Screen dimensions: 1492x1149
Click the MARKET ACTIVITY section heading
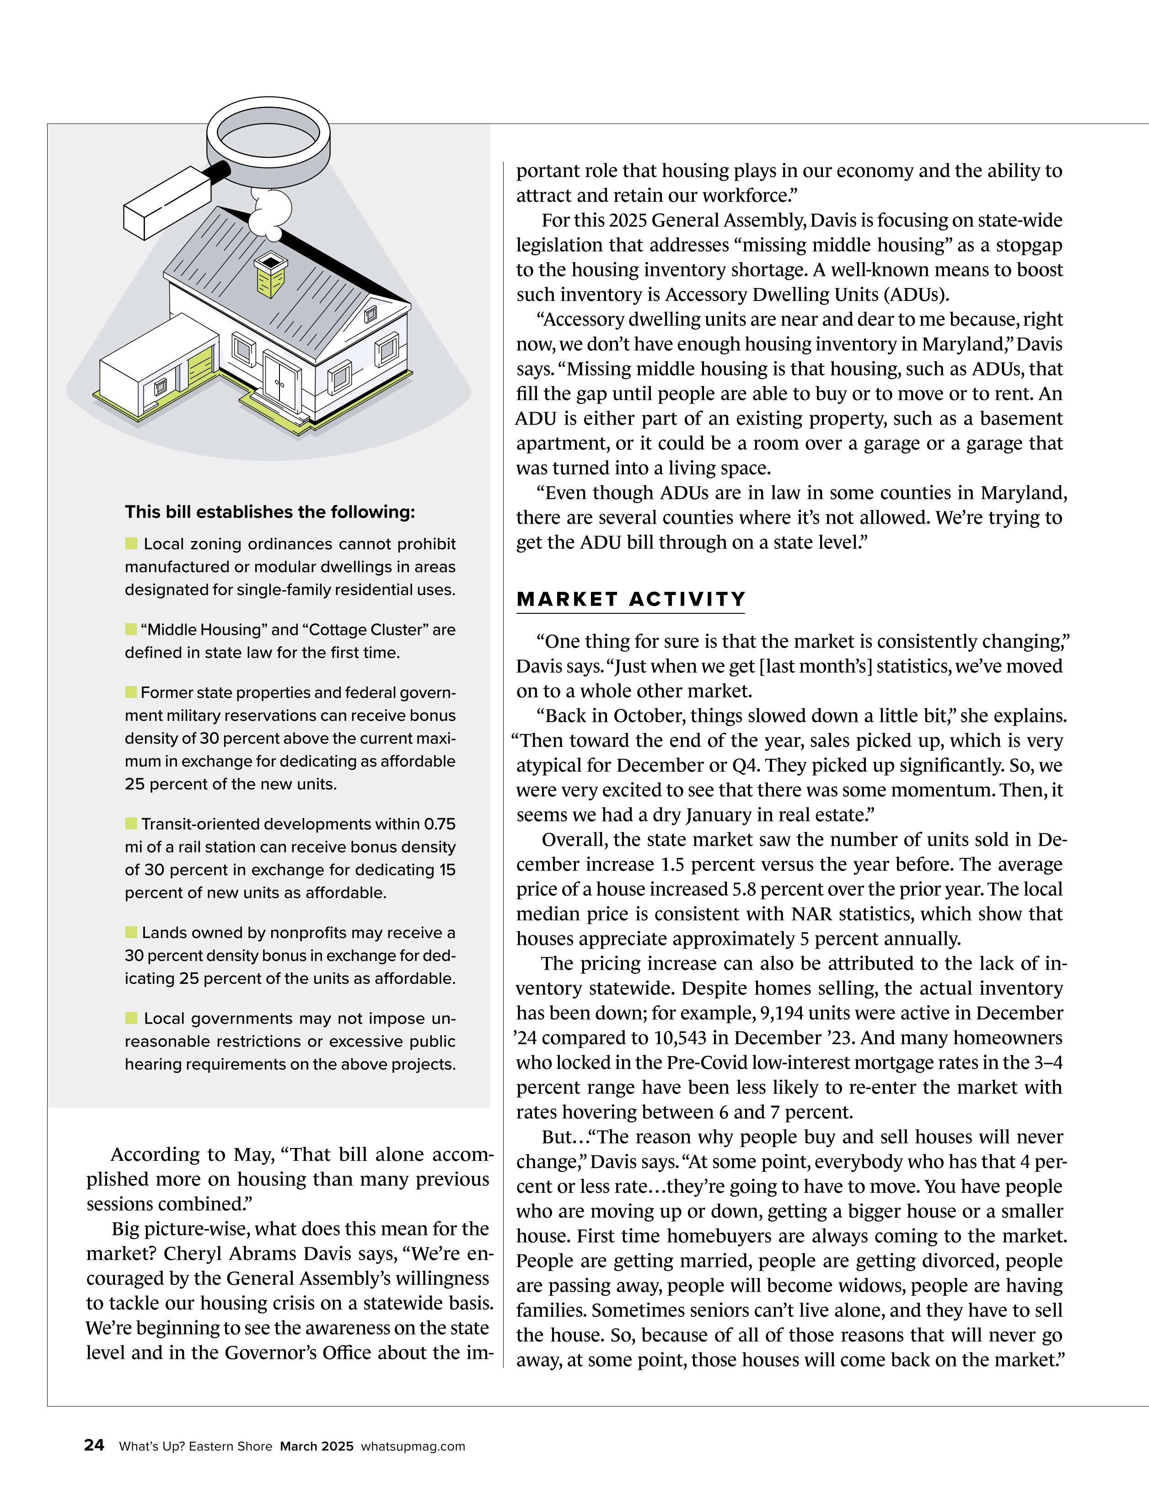pos(630,599)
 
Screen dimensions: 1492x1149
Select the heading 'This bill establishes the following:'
pos(270,512)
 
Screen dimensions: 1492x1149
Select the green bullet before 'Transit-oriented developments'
pos(131,823)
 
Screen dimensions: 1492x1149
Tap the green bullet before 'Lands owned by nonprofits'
pos(131,932)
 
